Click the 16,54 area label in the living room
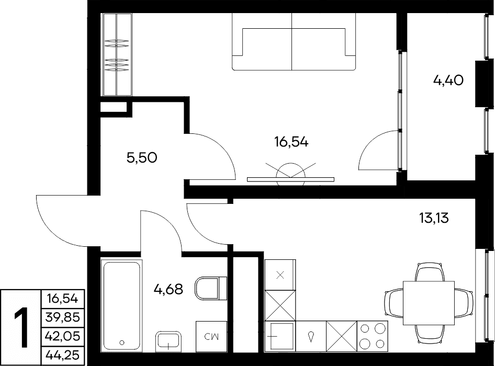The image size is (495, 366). [x=291, y=142]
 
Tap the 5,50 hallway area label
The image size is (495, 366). [x=142, y=157]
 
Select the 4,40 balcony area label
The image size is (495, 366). [x=448, y=81]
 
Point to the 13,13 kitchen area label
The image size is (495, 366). [x=434, y=218]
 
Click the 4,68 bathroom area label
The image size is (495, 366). [x=168, y=289]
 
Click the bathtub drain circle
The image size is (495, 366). [x=122, y=342]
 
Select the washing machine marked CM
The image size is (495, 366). [x=211, y=336]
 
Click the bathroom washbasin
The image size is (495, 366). [x=168, y=341]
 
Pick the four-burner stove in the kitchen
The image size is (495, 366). [x=373, y=336]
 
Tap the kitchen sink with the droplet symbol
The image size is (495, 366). [x=311, y=336]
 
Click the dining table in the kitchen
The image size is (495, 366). [x=429, y=303]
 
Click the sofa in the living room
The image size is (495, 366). [x=294, y=41]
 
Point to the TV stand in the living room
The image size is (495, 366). [x=290, y=179]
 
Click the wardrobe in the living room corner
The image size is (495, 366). [x=116, y=54]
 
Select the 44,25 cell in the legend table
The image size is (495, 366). [x=63, y=356]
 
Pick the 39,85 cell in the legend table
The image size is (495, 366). [x=63, y=317]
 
